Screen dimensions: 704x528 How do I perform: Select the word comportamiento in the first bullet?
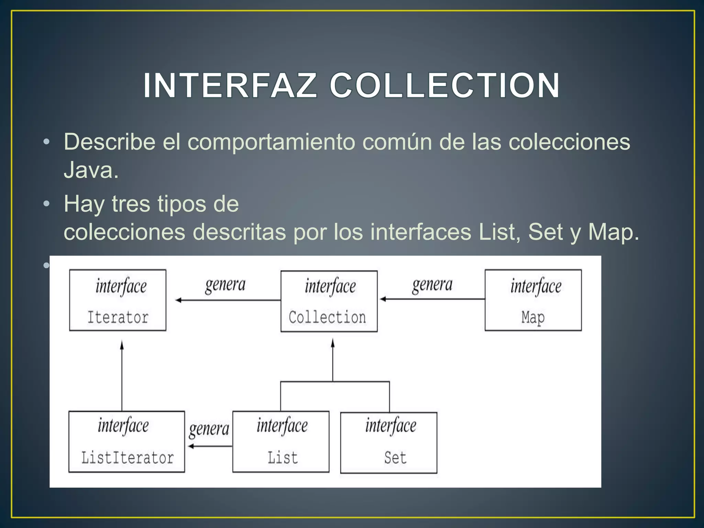tap(271, 142)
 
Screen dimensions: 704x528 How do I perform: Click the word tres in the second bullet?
tap(131, 204)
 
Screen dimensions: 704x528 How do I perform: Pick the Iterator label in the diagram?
tap(118, 317)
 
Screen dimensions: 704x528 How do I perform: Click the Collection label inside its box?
tap(327, 317)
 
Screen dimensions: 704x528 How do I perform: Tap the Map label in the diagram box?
tap(533, 317)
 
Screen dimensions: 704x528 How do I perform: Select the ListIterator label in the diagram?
tap(128, 458)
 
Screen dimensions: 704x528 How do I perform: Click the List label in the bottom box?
tap(283, 458)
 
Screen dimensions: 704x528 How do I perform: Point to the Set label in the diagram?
tap(395, 458)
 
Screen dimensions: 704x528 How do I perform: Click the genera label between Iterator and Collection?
tap(225, 285)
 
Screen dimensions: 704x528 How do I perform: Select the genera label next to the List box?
tap(209, 429)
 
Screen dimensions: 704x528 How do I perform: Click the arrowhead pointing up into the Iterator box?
tap(122, 344)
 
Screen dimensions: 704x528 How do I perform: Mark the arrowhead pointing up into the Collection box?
tap(332, 343)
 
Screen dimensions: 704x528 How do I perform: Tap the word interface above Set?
tap(390, 426)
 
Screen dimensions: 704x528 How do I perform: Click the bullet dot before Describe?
tap(46, 142)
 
